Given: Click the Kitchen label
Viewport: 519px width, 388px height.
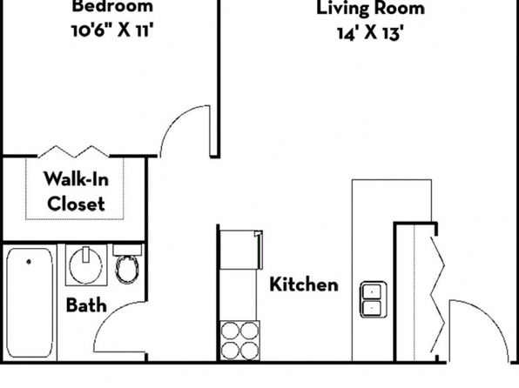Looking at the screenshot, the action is pos(304,284).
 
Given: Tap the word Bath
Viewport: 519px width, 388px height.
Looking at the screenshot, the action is pos(86,305).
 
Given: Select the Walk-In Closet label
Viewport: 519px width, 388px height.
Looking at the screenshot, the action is pos(76,191).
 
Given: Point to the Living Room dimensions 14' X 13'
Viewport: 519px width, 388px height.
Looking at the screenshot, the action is pos(370,33).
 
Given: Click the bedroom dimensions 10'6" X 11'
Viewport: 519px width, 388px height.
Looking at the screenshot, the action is pos(112,30).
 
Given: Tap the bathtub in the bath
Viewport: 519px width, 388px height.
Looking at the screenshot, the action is pos(30,303).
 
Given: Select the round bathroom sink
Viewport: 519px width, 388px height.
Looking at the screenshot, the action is pos(86,266).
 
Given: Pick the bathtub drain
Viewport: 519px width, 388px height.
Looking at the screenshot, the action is pos(29,262).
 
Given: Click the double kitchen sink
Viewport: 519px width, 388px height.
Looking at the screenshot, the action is pos(374,299).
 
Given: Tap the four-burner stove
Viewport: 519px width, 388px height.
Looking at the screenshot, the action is pos(239,340).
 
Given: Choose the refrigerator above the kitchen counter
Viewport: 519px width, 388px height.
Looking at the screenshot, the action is pos(241,250).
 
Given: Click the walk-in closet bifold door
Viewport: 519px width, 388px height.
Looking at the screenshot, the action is pos(73,151).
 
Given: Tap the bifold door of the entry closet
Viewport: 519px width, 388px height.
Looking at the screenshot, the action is pos(437,294).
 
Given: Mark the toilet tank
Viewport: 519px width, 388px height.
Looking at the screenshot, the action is pos(127,250).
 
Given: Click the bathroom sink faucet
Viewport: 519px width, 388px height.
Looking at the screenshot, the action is pos(86,254).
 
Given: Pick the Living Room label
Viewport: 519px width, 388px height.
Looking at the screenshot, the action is pos(370,9).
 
